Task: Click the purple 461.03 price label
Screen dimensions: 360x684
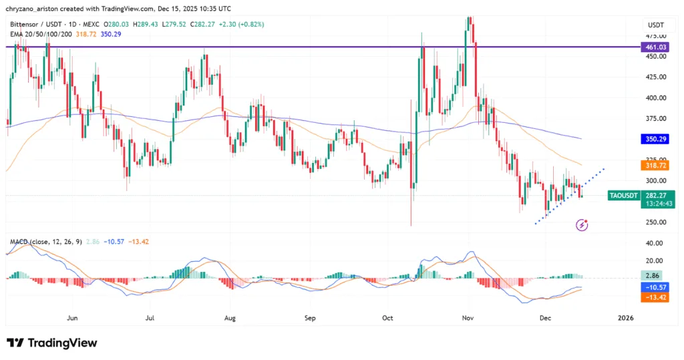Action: pos(655,47)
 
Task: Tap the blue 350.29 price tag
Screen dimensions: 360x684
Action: pos(655,139)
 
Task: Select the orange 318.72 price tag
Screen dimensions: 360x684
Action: pos(655,164)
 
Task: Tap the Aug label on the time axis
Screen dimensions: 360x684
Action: pos(230,319)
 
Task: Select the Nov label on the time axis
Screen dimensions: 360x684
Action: pos(468,319)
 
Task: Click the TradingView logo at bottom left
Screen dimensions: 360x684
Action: pos(52,343)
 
